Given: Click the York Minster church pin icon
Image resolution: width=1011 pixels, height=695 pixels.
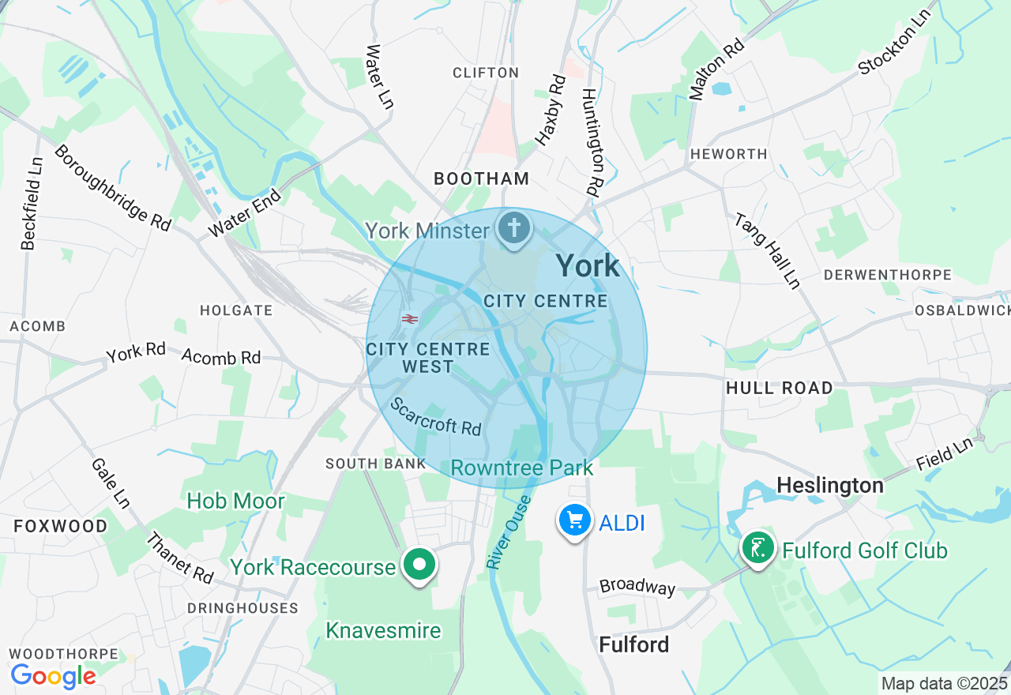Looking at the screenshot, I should click(514, 230).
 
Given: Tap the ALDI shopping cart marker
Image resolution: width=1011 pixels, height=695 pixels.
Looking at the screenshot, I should click(575, 520).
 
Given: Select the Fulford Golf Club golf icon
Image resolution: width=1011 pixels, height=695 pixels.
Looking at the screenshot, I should click(758, 548).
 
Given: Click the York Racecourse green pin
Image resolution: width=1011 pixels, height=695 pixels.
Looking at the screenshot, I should click(420, 565).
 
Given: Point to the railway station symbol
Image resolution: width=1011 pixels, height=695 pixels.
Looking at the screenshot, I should click(409, 319).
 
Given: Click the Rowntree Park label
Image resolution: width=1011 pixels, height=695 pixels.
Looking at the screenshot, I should click(521, 468).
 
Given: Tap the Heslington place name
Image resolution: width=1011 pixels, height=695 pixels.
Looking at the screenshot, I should click(829, 485).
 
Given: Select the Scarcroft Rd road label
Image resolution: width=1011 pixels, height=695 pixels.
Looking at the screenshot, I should click(436, 416).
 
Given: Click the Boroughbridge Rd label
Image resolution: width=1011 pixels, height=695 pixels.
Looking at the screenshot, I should click(112, 188).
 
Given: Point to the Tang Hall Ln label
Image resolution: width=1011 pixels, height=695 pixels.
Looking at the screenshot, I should click(767, 250).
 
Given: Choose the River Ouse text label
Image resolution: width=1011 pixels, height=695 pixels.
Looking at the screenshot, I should click(506, 533).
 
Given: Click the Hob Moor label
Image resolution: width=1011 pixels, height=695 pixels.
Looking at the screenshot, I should click(235, 501).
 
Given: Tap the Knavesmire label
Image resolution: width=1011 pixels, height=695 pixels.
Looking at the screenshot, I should click(383, 629).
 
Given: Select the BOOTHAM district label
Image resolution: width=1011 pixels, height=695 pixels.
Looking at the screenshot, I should click(482, 179).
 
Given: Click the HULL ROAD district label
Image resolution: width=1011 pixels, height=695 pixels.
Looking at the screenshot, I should click(779, 388).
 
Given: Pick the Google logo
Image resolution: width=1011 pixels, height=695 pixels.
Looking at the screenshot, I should click(53, 677).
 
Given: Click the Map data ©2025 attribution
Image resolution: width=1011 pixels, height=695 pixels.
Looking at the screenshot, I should click(944, 684).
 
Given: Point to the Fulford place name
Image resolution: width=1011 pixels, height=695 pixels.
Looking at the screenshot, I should click(633, 644).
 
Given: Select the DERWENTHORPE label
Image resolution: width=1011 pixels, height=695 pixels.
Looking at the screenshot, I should click(887, 276).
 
